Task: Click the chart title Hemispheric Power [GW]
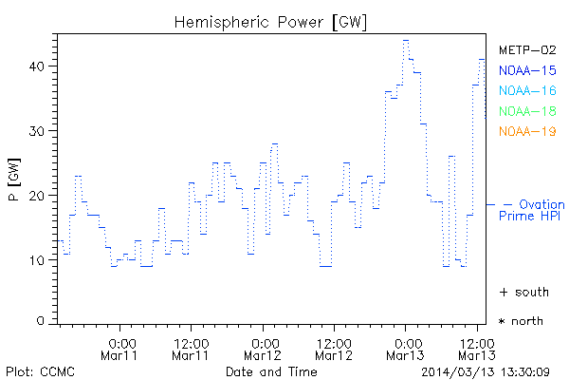coord(271,22)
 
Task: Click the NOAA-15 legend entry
coord(526,70)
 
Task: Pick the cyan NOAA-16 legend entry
coord(526,90)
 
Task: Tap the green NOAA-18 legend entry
coord(526,111)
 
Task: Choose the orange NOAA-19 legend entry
coord(526,131)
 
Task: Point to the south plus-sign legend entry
coord(522,291)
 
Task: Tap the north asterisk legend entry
coord(522,321)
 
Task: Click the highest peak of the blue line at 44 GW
coord(406,41)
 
